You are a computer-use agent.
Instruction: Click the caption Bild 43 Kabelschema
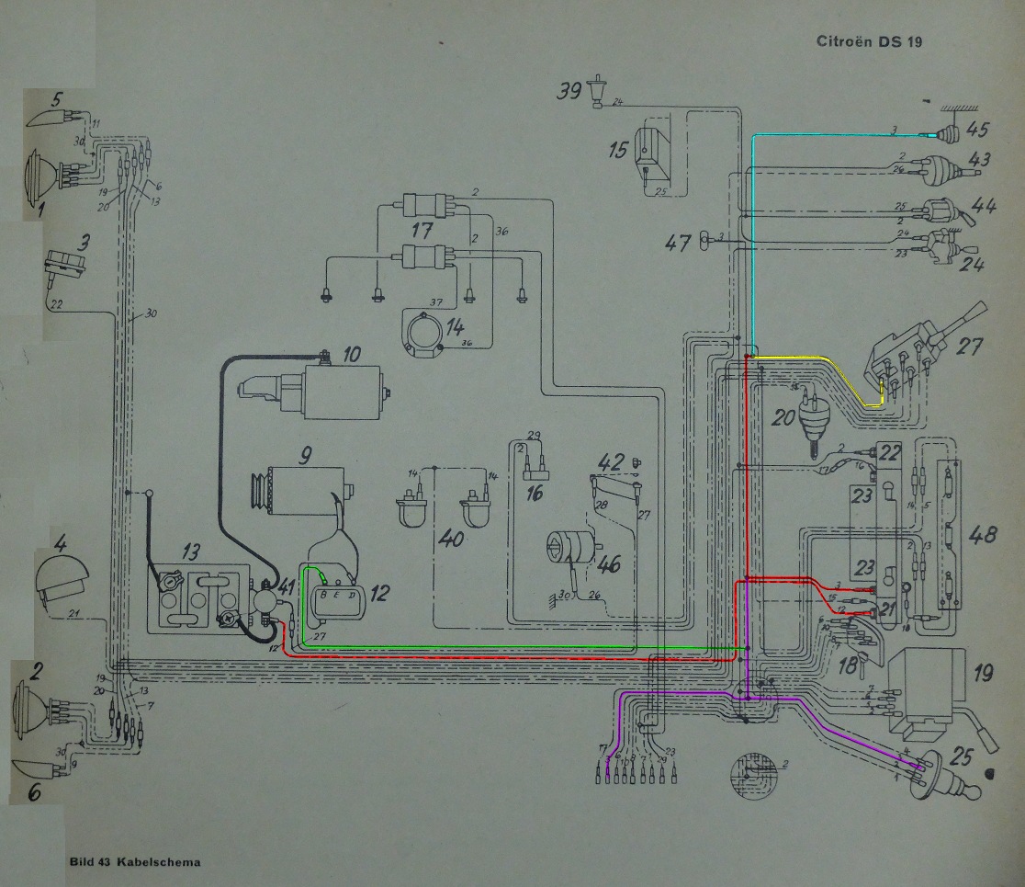135,862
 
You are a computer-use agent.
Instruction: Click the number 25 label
962,759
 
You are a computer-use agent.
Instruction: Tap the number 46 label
609,563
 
